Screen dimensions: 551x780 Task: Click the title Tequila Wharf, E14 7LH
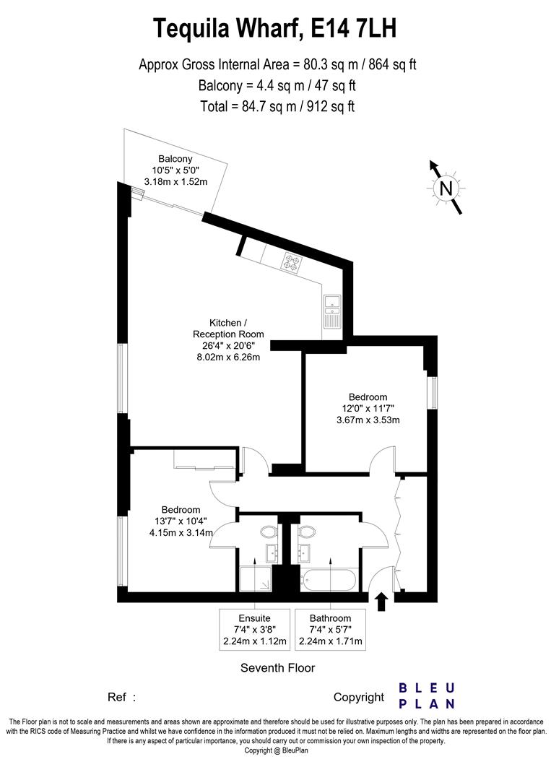[275, 28]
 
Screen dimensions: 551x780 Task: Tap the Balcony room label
[175, 159]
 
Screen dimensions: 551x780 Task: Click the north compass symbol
[446, 188]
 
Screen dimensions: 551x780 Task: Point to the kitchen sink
[331, 311]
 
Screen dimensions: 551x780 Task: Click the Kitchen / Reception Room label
[228, 329]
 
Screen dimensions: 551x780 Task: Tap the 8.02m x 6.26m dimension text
[228, 357]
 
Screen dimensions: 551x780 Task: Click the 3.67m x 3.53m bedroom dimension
[368, 420]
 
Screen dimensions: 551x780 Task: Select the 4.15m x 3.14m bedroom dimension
[181, 532]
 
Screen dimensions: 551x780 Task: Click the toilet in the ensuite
[269, 532]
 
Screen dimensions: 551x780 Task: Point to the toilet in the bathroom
[306, 532]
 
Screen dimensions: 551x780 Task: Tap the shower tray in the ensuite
[256, 578]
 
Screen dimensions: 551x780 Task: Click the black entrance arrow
[381, 601]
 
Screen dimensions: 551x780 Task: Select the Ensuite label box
[255, 629]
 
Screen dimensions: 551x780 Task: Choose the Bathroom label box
[330, 629]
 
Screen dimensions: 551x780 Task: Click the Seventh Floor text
[277, 667]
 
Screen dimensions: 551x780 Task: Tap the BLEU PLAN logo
[427, 696]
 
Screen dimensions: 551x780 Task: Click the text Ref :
[121, 698]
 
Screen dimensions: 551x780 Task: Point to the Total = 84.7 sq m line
[277, 106]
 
